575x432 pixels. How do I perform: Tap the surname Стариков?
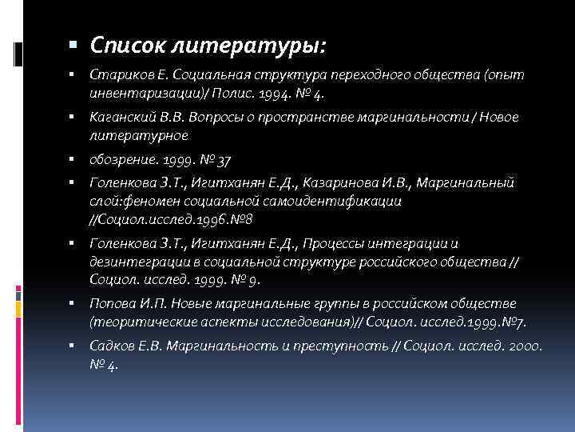coord(117,74)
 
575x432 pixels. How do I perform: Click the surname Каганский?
coord(122,118)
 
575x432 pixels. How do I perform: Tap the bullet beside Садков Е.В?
coord(72,346)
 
